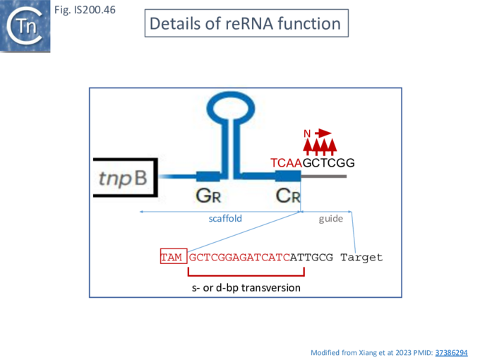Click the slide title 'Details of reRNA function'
245,23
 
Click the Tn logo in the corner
26,26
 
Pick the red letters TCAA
286,163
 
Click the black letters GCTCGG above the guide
328,163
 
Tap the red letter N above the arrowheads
307,133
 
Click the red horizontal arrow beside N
323,133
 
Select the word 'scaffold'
225,219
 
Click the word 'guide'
330,219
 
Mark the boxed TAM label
173,257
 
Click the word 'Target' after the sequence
361,257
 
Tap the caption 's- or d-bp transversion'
246,288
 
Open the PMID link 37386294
451,352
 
